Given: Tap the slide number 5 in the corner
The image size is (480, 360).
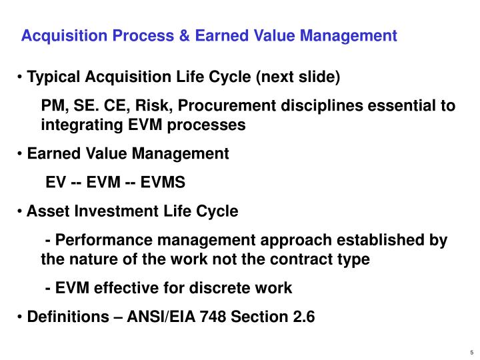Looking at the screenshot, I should click(x=471, y=353).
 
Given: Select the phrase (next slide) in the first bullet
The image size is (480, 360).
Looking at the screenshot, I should click(x=299, y=77).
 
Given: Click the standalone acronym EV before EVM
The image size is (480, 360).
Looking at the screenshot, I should click(x=55, y=183).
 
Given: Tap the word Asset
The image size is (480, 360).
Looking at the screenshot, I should click(x=46, y=211).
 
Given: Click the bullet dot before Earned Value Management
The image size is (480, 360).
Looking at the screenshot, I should click(x=21, y=154).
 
